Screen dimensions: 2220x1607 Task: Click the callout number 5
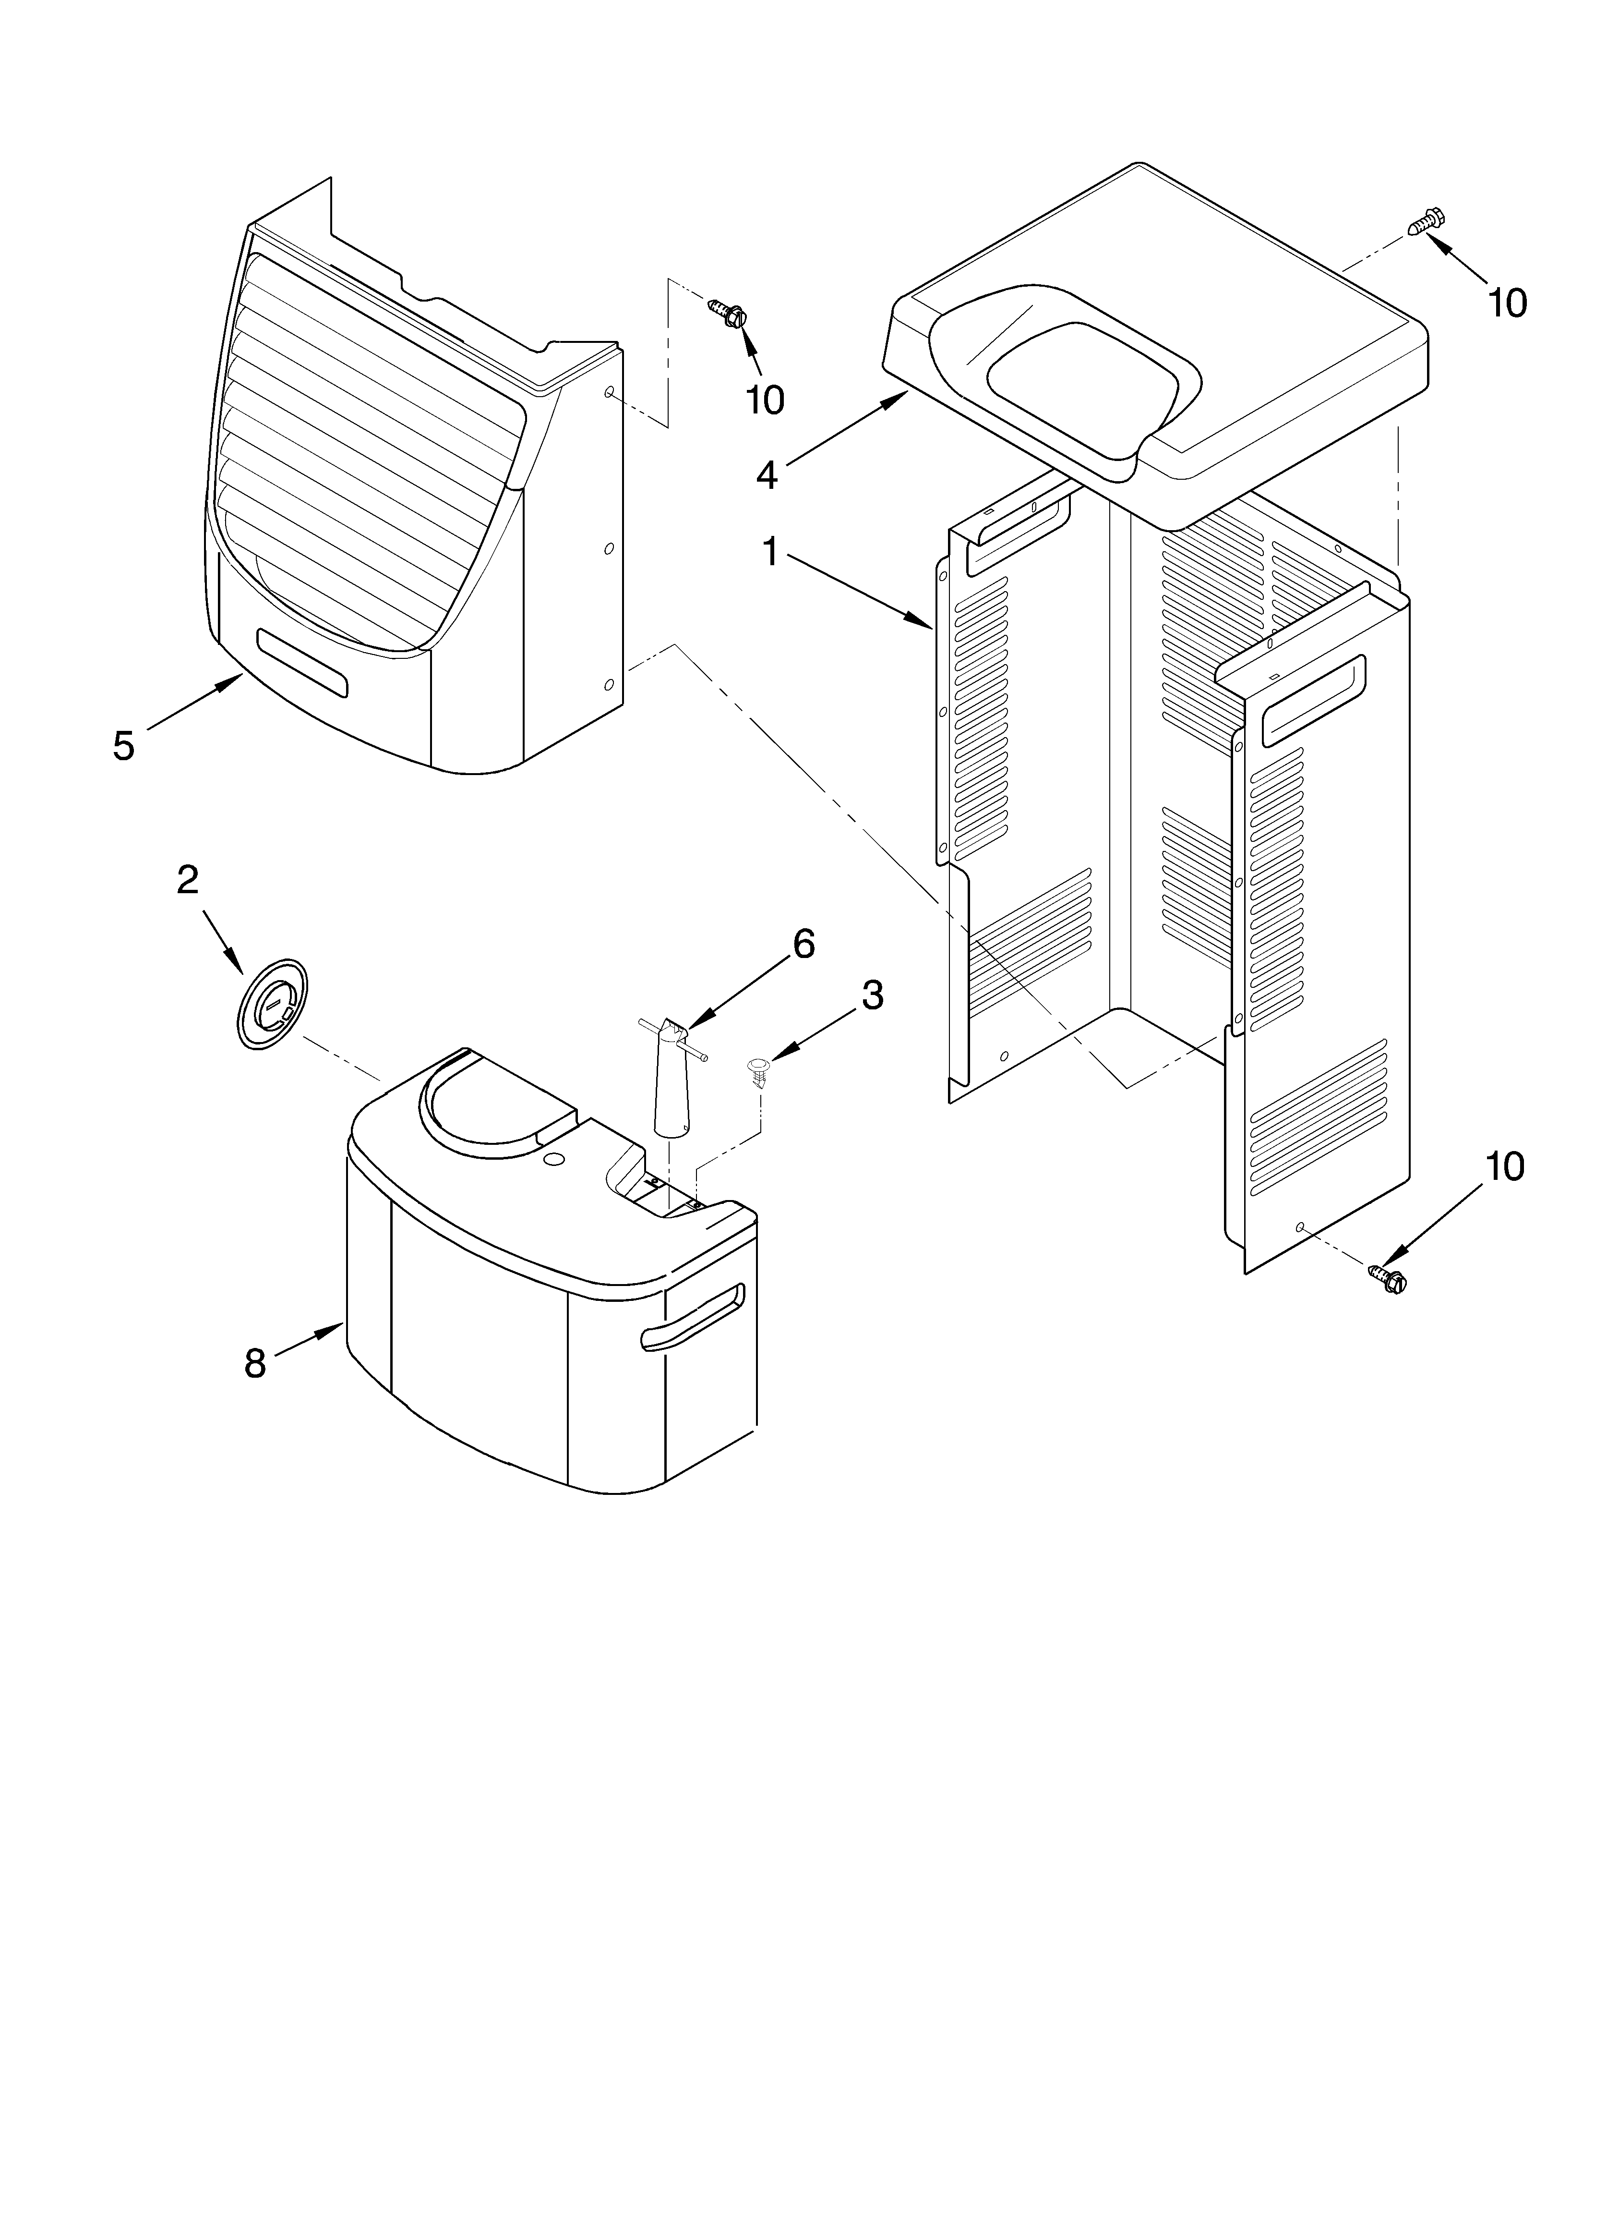click(123, 746)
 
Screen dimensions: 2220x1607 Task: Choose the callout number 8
click(254, 1362)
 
